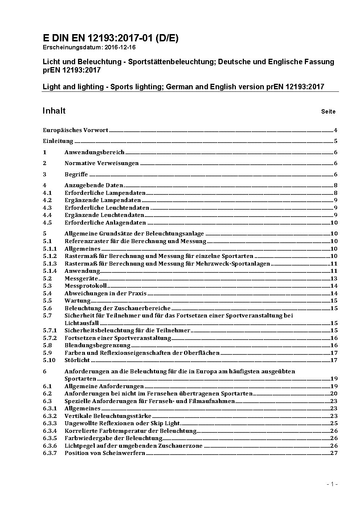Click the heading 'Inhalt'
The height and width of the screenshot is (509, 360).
coord(54,111)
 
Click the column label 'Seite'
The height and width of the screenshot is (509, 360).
coord(328,112)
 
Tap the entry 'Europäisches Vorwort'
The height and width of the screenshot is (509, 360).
coord(75,130)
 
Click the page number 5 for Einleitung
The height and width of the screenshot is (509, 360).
coord(336,141)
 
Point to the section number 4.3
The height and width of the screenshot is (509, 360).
coord(47,208)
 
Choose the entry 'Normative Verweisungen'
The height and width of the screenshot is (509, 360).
coord(102,163)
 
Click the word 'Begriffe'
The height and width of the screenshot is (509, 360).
coord(76,175)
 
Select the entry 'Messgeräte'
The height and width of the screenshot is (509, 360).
coord(81,279)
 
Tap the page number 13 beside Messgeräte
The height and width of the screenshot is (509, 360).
coord(334,279)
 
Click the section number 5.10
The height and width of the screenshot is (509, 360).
coord(49,360)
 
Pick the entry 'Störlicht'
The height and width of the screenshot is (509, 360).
coord(77,360)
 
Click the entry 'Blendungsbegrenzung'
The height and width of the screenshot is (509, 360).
coord(97,345)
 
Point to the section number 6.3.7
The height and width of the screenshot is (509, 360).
coord(50,453)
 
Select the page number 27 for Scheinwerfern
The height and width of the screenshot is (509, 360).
coord(334,453)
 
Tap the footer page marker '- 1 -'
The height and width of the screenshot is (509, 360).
coord(332,484)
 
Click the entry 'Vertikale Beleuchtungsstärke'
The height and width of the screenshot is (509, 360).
coord(108,416)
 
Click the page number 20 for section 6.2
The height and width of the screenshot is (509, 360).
coord(334,394)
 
